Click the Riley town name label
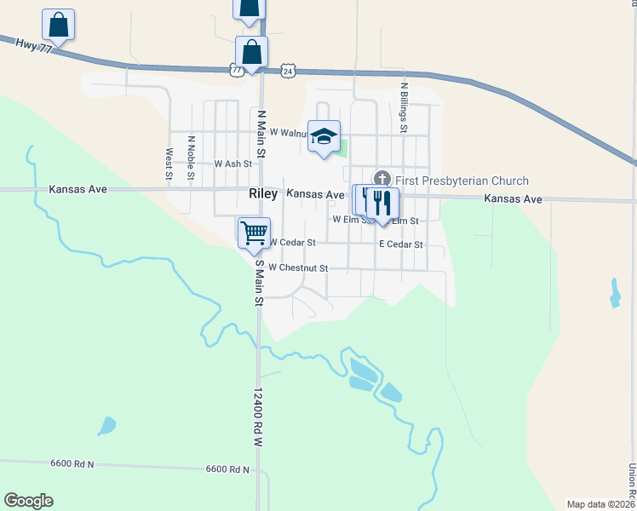(x=263, y=194)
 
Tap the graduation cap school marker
(x=324, y=137)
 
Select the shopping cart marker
(x=255, y=233)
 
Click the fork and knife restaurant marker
(x=382, y=203)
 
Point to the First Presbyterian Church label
(x=462, y=181)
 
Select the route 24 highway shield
(x=289, y=72)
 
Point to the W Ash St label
(x=233, y=164)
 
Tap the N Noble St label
(x=192, y=158)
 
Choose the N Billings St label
(x=405, y=106)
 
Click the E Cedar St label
(x=401, y=244)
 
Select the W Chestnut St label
(x=298, y=267)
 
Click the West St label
(x=169, y=164)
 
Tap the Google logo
(x=28, y=501)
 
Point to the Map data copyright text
(x=600, y=504)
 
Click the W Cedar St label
(x=293, y=243)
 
